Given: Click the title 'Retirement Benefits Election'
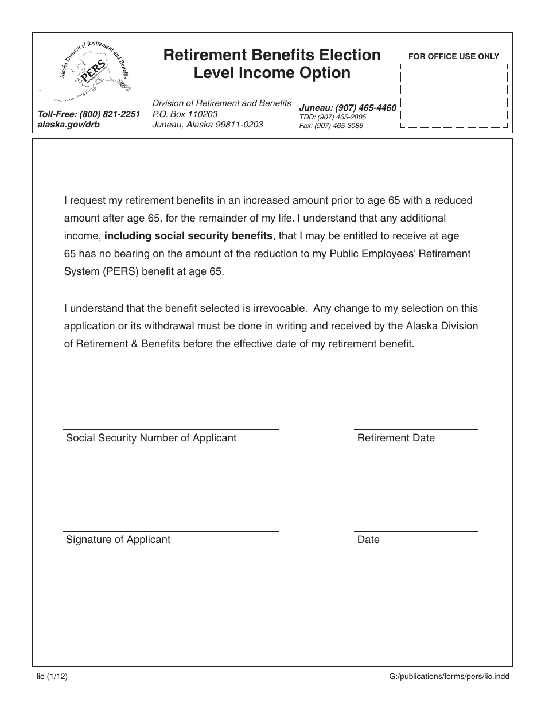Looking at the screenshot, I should click(272, 55).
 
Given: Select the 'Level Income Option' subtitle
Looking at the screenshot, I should click(272, 73).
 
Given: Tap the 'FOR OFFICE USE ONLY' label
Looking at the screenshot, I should click(453, 56).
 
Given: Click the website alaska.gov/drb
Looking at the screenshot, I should click(68, 124).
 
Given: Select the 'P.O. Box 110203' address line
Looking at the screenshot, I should click(185, 114).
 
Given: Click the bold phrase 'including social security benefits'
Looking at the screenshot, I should click(189, 236).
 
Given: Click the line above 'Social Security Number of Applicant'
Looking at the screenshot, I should click(170, 429).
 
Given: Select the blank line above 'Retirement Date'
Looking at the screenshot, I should click(415, 429).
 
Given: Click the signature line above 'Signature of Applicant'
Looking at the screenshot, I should click(170, 531).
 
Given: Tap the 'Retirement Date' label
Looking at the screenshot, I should click(396, 438).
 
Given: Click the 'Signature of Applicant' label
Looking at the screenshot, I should click(118, 540).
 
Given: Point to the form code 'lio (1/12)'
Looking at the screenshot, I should click(52, 676).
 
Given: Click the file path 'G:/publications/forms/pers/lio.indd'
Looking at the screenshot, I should click(449, 676).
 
